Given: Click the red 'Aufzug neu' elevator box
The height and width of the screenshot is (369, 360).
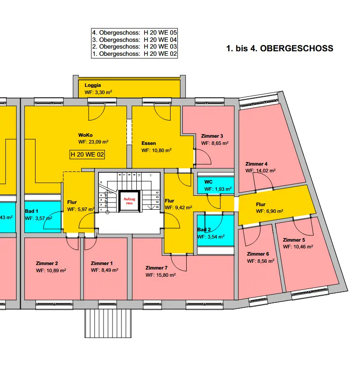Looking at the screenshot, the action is pyautogui.click(x=129, y=200).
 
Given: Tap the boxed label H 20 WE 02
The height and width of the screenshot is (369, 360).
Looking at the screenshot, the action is pyautogui.click(x=87, y=154).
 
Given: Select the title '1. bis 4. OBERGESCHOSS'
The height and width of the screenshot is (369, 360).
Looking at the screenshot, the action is pyautogui.click(x=279, y=48).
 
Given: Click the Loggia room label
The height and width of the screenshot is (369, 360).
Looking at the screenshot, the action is pyautogui.click(x=93, y=85).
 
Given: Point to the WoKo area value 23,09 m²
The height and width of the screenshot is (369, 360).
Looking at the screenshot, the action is pyautogui.click(x=94, y=141).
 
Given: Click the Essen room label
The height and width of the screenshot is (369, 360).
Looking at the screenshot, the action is pyautogui.click(x=148, y=143).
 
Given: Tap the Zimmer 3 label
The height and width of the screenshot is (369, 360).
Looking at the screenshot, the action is pyautogui.click(x=212, y=136).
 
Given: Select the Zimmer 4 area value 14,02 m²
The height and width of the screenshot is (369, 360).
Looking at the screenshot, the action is pyautogui.click(x=261, y=171).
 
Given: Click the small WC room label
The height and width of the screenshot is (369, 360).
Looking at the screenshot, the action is pyautogui.click(x=208, y=182).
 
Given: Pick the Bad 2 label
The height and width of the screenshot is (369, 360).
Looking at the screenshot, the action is pyautogui.click(x=204, y=229).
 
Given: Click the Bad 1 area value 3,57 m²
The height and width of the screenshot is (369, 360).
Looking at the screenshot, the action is pyautogui.click(x=38, y=218).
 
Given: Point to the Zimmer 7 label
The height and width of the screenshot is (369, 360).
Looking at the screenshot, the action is pyautogui.click(x=157, y=268).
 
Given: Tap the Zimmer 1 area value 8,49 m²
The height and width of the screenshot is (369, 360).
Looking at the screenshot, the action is pyautogui.click(x=104, y=270).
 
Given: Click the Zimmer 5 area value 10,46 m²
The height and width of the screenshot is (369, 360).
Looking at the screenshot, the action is pyautogui.click(x=298, y=247).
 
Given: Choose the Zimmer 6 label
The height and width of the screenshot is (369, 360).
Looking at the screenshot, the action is pyautogui.click(x=258, y=254).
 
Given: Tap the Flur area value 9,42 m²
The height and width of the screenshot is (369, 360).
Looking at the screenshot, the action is pyautogui.click(x=179, y=208).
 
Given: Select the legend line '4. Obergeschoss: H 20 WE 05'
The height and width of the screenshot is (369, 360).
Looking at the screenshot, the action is pyautogui.click(x=134, y=33).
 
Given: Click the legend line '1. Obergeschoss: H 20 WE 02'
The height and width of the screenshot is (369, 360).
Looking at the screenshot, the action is pyautogui.click(x=134, y=54).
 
